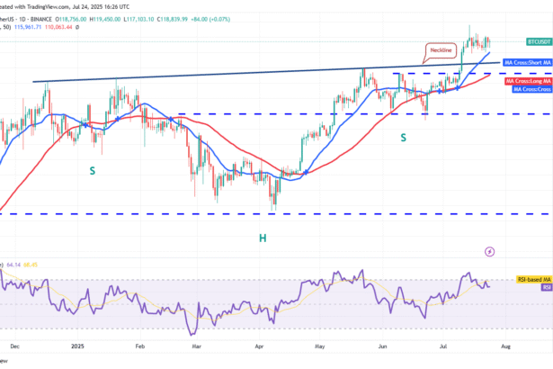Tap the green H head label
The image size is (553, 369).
click(x=263, y=237)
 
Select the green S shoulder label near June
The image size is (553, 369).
click(x=402, y=138)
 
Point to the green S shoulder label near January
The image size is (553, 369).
click(x=93, y=169)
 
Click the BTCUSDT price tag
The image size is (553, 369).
click(x=539, y=42)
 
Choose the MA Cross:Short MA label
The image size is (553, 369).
click(x=526, y=62)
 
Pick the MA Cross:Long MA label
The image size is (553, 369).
click(x=526, y=81)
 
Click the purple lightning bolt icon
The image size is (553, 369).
click(x=489, y=252)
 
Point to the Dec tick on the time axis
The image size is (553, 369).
click(x=13, y=345)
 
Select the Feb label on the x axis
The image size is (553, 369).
click(x=139, y=345)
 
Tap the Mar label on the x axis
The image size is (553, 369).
click(x=198, y=345)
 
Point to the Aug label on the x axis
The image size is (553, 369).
click(x=504, y=345)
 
